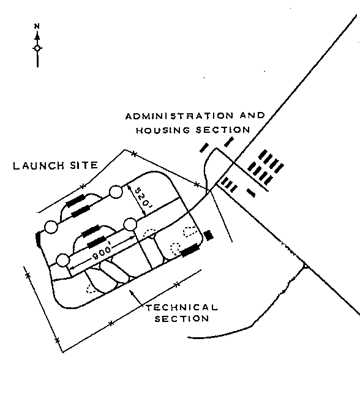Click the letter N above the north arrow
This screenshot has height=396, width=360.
[x=37, y=26]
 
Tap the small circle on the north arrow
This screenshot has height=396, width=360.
[x=37, y=48]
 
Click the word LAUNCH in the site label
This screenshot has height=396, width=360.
[x=39, y=166]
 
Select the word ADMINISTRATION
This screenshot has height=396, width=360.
[x=179, y=116]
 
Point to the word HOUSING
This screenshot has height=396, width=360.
[x=163, y=130]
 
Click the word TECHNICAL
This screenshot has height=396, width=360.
[x=182, y=307]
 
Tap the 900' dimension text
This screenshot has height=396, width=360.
[x=102, y=253]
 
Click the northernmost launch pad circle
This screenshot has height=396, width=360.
[x=116, y=192]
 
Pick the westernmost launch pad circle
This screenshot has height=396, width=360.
[x=51, y=227]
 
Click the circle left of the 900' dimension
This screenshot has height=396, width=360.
[x=62, y=260]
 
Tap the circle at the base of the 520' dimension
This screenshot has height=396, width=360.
[x=130, y=224]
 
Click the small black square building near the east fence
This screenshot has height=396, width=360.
[x=208, y=236]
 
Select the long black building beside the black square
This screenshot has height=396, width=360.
[x=190, y=250]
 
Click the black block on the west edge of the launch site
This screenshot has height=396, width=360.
[x=39, y=239]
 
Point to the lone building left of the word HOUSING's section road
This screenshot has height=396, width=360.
[x=204, y=148]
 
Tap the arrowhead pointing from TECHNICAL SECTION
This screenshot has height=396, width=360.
[x=131, y=293]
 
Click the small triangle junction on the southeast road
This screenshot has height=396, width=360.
[x=305, y=266]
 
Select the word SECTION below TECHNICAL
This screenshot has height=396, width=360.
[x=182, y=318]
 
